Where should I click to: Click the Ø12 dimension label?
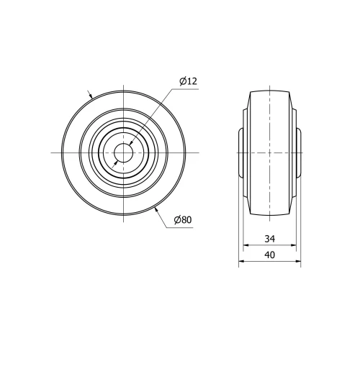(187, 81)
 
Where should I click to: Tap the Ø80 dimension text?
(182, 220)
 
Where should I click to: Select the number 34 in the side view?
(269, 238)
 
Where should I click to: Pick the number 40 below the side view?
(269, 256)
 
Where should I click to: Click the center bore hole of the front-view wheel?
(124, 152)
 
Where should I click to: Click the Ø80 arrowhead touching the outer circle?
(156, 209)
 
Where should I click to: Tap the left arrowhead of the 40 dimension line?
(241, 263)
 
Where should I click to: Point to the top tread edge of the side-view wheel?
(269, 91)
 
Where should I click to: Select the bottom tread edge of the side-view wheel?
(269, 214)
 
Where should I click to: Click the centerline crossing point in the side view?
(269, 152)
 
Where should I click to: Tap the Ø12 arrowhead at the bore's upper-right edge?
(130, 146)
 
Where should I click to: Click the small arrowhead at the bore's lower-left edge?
(117, 159)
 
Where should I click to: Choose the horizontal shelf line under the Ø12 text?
(187, 88)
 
